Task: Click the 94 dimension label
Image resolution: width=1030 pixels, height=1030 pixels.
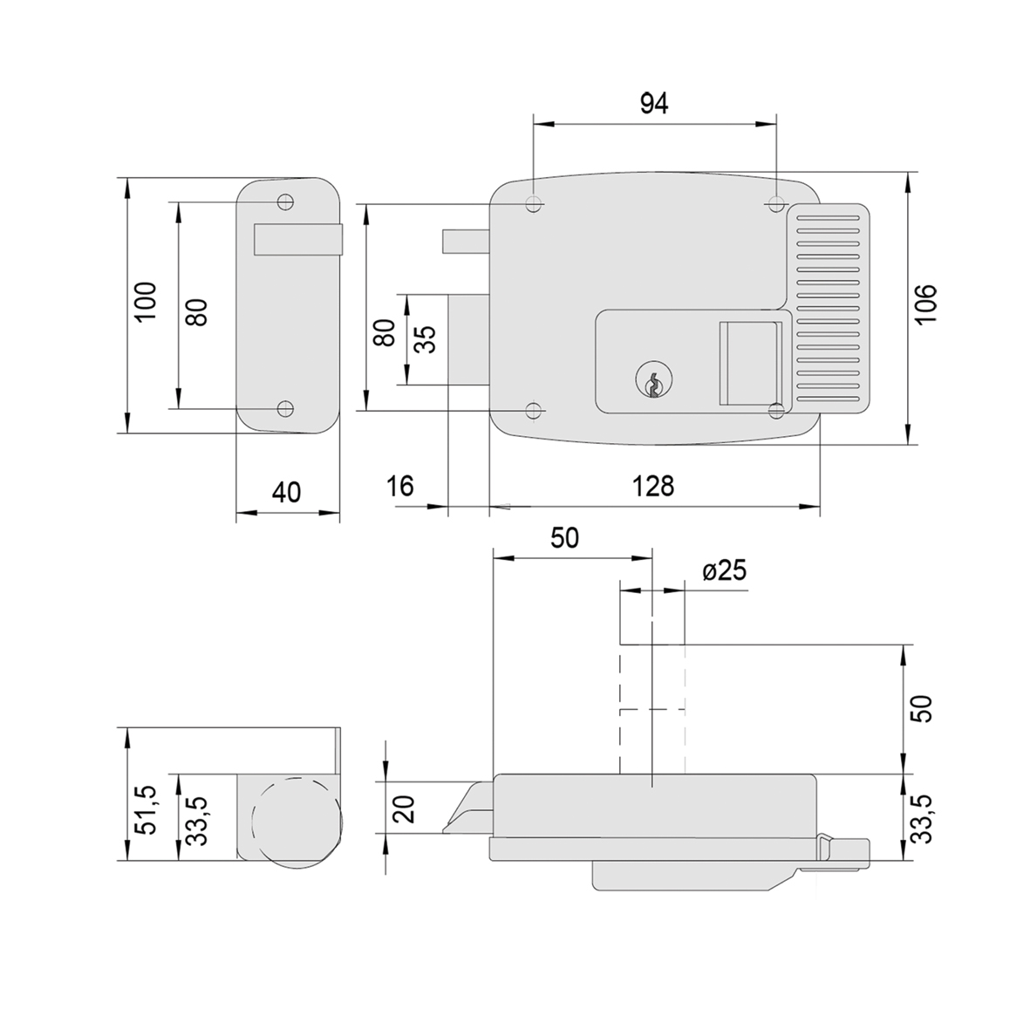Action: (x=654, y=104)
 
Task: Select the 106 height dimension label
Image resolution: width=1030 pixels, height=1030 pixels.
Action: (x=925, y=304)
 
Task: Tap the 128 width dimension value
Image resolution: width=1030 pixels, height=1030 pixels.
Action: (x=653, y=486)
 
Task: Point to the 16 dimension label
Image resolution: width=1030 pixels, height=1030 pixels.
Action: (x=400, y=486)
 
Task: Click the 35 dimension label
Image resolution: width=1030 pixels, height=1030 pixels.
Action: (x=426, y=339)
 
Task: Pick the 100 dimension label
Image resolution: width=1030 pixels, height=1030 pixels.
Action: (x=146, y=302)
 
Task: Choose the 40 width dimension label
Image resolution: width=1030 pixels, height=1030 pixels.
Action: (x=286, y=492)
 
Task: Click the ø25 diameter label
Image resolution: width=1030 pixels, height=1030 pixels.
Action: (x=725, y=570)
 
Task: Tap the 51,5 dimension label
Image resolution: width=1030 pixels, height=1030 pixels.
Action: (x=147, y=809)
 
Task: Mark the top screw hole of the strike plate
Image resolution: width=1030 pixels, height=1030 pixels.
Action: (x=285, y=202)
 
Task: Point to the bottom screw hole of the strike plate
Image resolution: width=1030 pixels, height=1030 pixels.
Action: (x=285, y=408)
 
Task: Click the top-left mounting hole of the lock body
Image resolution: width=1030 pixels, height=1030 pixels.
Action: (x=535, y=204)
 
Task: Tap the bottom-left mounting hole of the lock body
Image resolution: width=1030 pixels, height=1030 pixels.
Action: (x=535, y=411)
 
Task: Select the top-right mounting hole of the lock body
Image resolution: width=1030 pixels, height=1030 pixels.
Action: (x=776, y=203)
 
